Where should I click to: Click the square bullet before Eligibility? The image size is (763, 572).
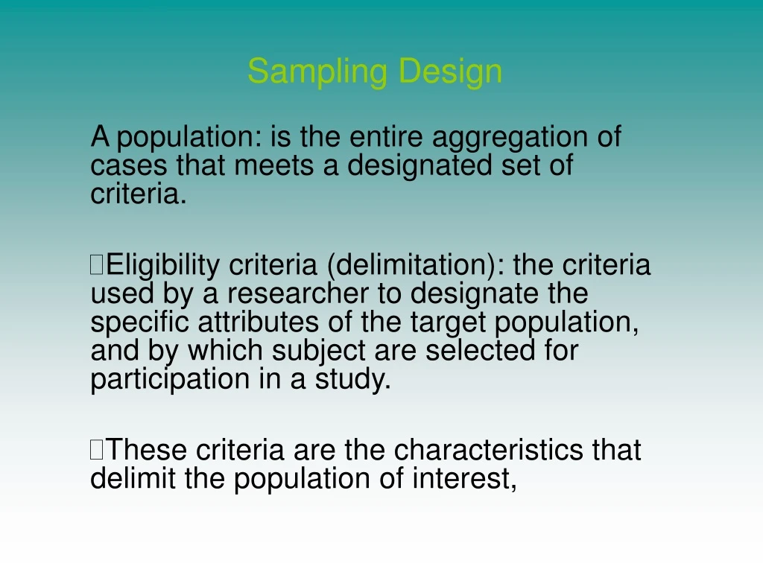tap(97, 264)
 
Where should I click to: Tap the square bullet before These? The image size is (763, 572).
tap(97, 450)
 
